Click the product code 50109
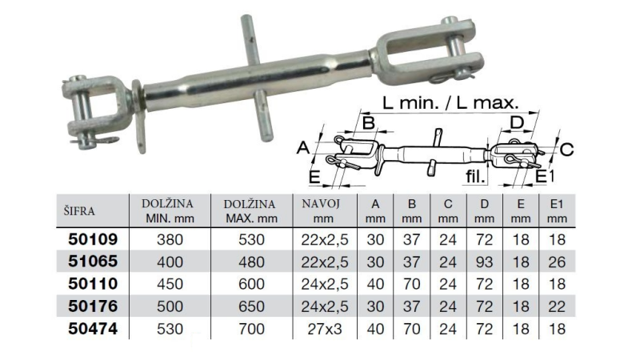coord(93,239)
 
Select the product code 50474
coord(93,329)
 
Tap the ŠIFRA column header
coord(79,211)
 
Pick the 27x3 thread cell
coord(325,329)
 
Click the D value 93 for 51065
coord(484,262)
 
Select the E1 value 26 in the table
coord(557,262)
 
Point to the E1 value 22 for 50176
coord(557,306)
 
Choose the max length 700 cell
coord(251,329)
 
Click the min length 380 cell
coord(170,239)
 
